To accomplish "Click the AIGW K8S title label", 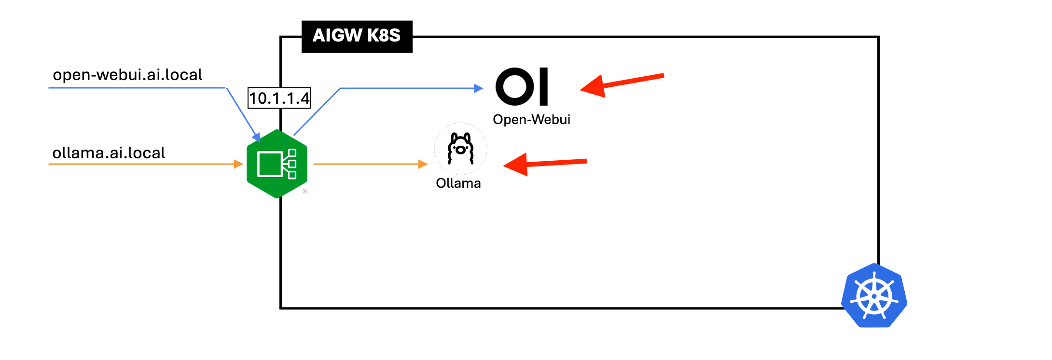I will point(357,36).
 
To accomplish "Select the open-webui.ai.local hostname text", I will point(127,75).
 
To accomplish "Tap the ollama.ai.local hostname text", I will point(109,153).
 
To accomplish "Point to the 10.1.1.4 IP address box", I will point(279,98).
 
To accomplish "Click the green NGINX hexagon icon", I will point(277,164).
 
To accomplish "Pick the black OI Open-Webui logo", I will point(522,86).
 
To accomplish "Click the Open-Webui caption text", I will point(531,120).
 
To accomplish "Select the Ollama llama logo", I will point(460,149).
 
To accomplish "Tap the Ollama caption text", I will point(458,183).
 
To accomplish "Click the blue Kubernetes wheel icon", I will point(874,296).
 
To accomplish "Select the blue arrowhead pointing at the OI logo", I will point(478,88).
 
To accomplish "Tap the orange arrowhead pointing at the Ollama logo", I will point(423,164).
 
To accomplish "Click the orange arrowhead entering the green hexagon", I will point(238,164).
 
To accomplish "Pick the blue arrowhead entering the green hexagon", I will point(256,137).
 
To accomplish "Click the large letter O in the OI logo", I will point(515,86).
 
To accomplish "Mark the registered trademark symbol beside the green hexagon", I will point(305,191).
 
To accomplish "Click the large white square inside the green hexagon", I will point(269,164).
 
